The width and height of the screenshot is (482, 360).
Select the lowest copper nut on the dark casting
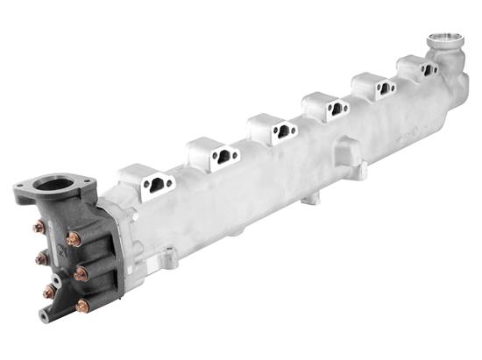(x=82, y=306)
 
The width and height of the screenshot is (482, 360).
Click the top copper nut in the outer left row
(x=39, y=228)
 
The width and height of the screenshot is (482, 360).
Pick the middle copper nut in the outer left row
(x=40, y=258)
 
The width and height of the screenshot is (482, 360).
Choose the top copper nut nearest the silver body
(x=73, y=238)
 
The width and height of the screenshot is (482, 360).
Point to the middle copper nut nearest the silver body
(x=80, y=273)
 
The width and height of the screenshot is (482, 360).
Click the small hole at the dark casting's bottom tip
(x=43, y=316)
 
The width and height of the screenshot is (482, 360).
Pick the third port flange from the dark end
(x=278, y=131)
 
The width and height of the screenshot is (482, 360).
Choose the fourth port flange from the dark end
(x=331, y=109)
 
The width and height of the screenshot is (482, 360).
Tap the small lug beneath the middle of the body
(x=306, y=200)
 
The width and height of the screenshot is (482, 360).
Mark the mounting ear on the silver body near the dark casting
(x=169, y=257)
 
